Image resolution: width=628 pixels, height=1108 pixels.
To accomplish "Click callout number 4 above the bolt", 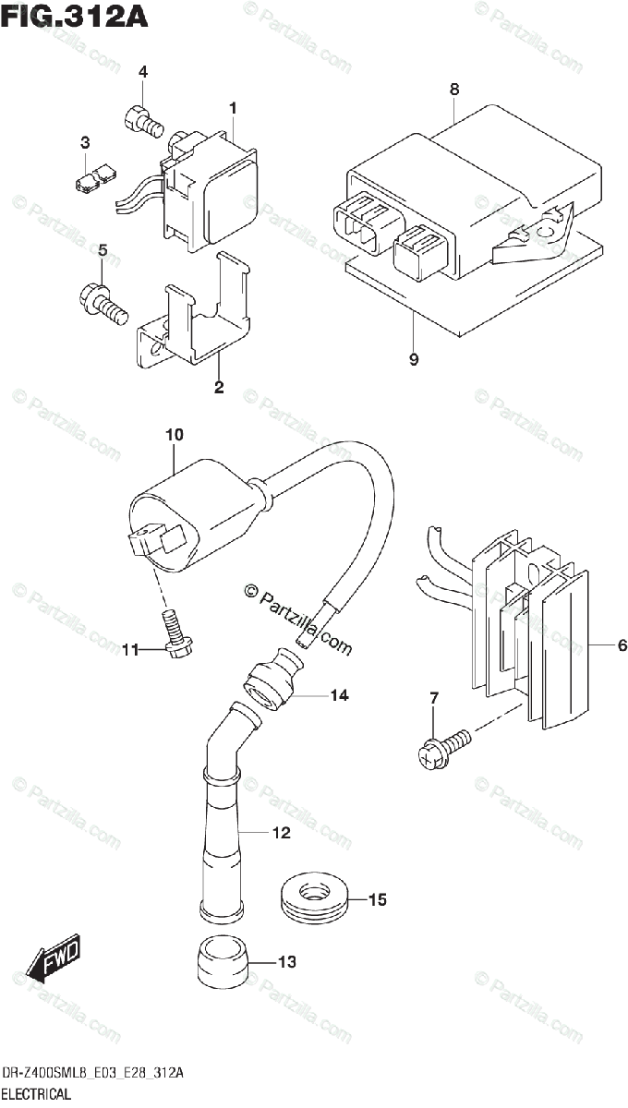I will point(143,72).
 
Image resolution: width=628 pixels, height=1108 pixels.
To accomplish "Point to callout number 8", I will point(453,90).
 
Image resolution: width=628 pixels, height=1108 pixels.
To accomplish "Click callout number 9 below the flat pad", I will point(413,360).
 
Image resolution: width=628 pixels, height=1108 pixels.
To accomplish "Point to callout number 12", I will point(281,834).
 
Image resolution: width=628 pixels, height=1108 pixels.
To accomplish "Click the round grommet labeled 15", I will point(314,897).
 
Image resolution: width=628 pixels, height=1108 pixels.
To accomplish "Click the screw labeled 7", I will point(440,746).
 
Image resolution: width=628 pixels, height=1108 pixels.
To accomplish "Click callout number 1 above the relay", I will point(234,109).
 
